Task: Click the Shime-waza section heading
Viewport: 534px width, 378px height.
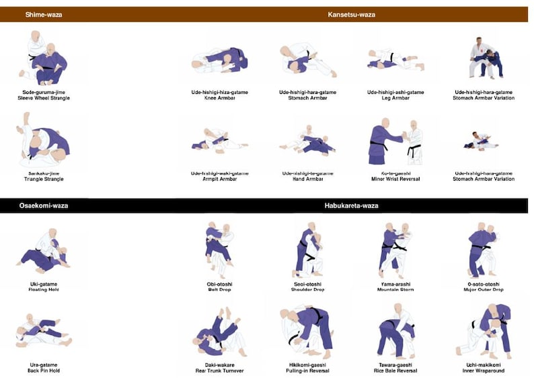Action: point(44,14)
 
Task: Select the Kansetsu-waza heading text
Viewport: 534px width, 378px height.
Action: point(351,14)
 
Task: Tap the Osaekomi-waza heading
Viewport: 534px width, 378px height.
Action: point(44,205)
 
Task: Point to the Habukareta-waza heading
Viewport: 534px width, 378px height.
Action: point(351,205)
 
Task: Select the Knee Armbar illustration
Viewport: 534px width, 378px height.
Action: point(219,60)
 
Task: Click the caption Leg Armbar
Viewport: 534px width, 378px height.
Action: point(395,98)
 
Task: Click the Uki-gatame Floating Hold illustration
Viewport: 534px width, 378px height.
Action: point(44,250)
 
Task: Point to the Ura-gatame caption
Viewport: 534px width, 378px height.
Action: point(44,367)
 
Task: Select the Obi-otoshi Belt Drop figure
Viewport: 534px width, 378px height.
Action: point(219,250)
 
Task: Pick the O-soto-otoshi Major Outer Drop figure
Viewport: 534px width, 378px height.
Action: point(483,250)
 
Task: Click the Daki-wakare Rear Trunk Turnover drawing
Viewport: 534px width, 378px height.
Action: point(219,334)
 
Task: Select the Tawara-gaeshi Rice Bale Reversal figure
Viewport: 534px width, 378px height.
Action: point(395,330)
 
